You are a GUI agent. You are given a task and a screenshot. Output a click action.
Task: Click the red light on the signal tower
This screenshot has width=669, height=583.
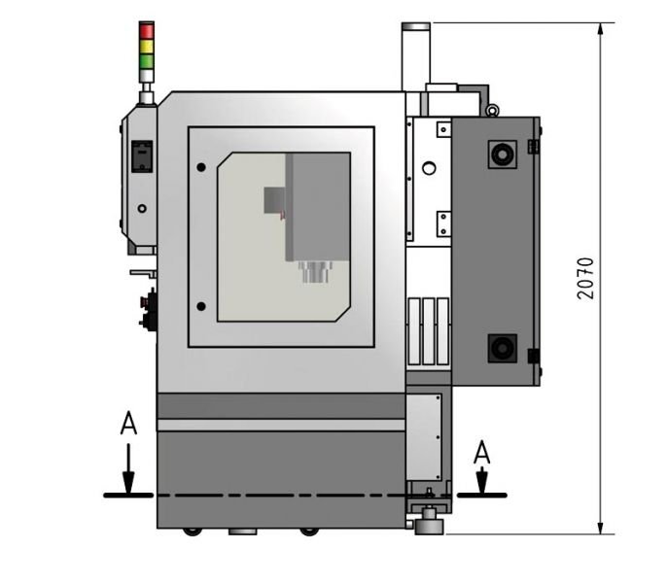[147, 30]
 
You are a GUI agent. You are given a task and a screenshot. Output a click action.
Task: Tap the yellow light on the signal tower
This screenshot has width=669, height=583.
[147, 46]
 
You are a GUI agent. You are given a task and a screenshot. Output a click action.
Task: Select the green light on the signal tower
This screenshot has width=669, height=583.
[147, 61]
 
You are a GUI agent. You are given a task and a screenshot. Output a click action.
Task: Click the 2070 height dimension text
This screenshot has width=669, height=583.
[584, 278]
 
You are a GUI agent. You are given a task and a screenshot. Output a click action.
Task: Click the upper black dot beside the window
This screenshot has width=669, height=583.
[201, 167]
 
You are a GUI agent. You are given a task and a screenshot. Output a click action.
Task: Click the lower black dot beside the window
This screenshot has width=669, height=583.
[201, 307]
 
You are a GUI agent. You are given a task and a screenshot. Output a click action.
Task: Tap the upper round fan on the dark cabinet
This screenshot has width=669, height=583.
[503, 154]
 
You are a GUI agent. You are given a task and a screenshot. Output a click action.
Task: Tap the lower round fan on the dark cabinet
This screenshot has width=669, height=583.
[503, 347]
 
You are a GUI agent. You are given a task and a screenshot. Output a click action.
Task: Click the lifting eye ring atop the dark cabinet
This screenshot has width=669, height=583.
[493, 110]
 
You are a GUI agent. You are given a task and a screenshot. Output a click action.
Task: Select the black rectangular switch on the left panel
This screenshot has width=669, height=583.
[142, 155]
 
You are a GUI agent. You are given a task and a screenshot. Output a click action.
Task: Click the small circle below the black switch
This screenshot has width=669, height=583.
[142, 208]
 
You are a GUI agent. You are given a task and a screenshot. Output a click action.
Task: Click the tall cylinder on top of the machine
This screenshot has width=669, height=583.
[416, 56]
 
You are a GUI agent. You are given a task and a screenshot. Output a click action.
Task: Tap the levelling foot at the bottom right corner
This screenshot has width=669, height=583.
[428, 526]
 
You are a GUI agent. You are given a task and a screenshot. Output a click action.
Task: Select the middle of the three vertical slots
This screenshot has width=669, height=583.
[428, 329]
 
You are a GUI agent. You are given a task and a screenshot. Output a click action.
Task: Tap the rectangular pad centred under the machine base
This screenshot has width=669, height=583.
[242, 532]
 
